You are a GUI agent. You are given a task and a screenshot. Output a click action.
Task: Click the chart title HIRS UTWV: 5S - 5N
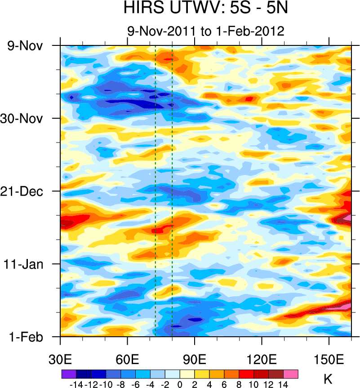205,8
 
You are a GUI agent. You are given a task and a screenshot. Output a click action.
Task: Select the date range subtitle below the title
205,31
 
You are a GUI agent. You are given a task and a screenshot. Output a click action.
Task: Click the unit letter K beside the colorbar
328,379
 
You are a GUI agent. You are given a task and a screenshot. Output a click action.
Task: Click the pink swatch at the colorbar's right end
291,374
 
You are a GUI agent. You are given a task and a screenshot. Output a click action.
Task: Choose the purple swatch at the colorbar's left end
69,374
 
